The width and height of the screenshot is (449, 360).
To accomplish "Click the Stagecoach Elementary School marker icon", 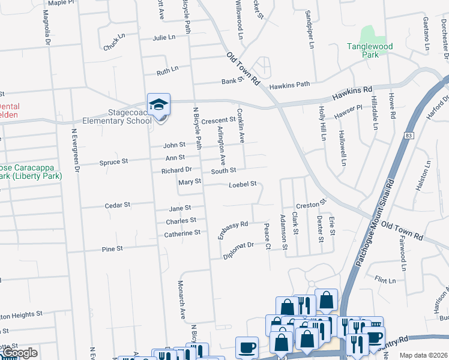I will (x=159, y=105).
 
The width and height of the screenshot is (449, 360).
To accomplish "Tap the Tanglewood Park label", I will (x=370, y=50).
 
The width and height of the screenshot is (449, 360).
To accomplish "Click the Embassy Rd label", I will (x=233, y=229).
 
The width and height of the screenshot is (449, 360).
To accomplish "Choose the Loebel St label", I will (x=243, y=184).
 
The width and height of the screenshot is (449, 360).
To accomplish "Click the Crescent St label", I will (x=218, y=121).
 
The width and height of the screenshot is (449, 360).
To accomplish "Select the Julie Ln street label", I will (x=164, y=37).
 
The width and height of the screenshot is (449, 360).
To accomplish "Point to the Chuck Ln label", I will (x=114, y=43).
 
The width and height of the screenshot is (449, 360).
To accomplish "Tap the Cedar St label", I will (x=118, y=205).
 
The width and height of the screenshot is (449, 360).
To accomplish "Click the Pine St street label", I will (x=112, y=248).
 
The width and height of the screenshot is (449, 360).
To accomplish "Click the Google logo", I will (x=19, y=353).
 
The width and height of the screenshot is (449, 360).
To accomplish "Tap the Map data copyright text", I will (x=423, y=355).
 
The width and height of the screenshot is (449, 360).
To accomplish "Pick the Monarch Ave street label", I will (x=181, y=299).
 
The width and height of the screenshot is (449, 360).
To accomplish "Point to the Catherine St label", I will (x=182, y=233).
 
